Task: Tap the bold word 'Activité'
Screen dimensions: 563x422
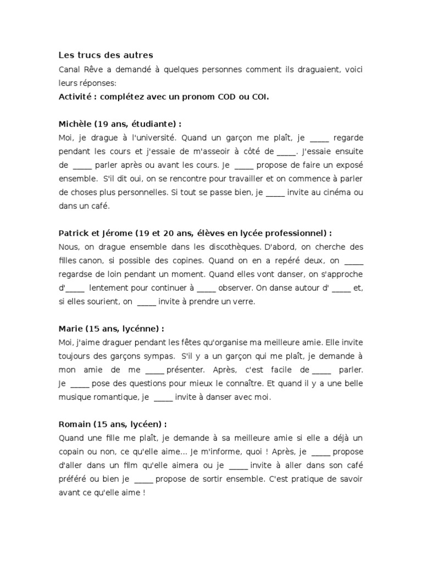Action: [76, 97]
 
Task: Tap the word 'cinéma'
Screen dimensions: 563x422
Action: [336, 192]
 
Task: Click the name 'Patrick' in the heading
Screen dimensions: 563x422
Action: [74, 233]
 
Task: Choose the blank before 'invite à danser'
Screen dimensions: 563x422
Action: [163, 396]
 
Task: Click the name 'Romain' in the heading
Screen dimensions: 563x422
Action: [75, 424]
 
